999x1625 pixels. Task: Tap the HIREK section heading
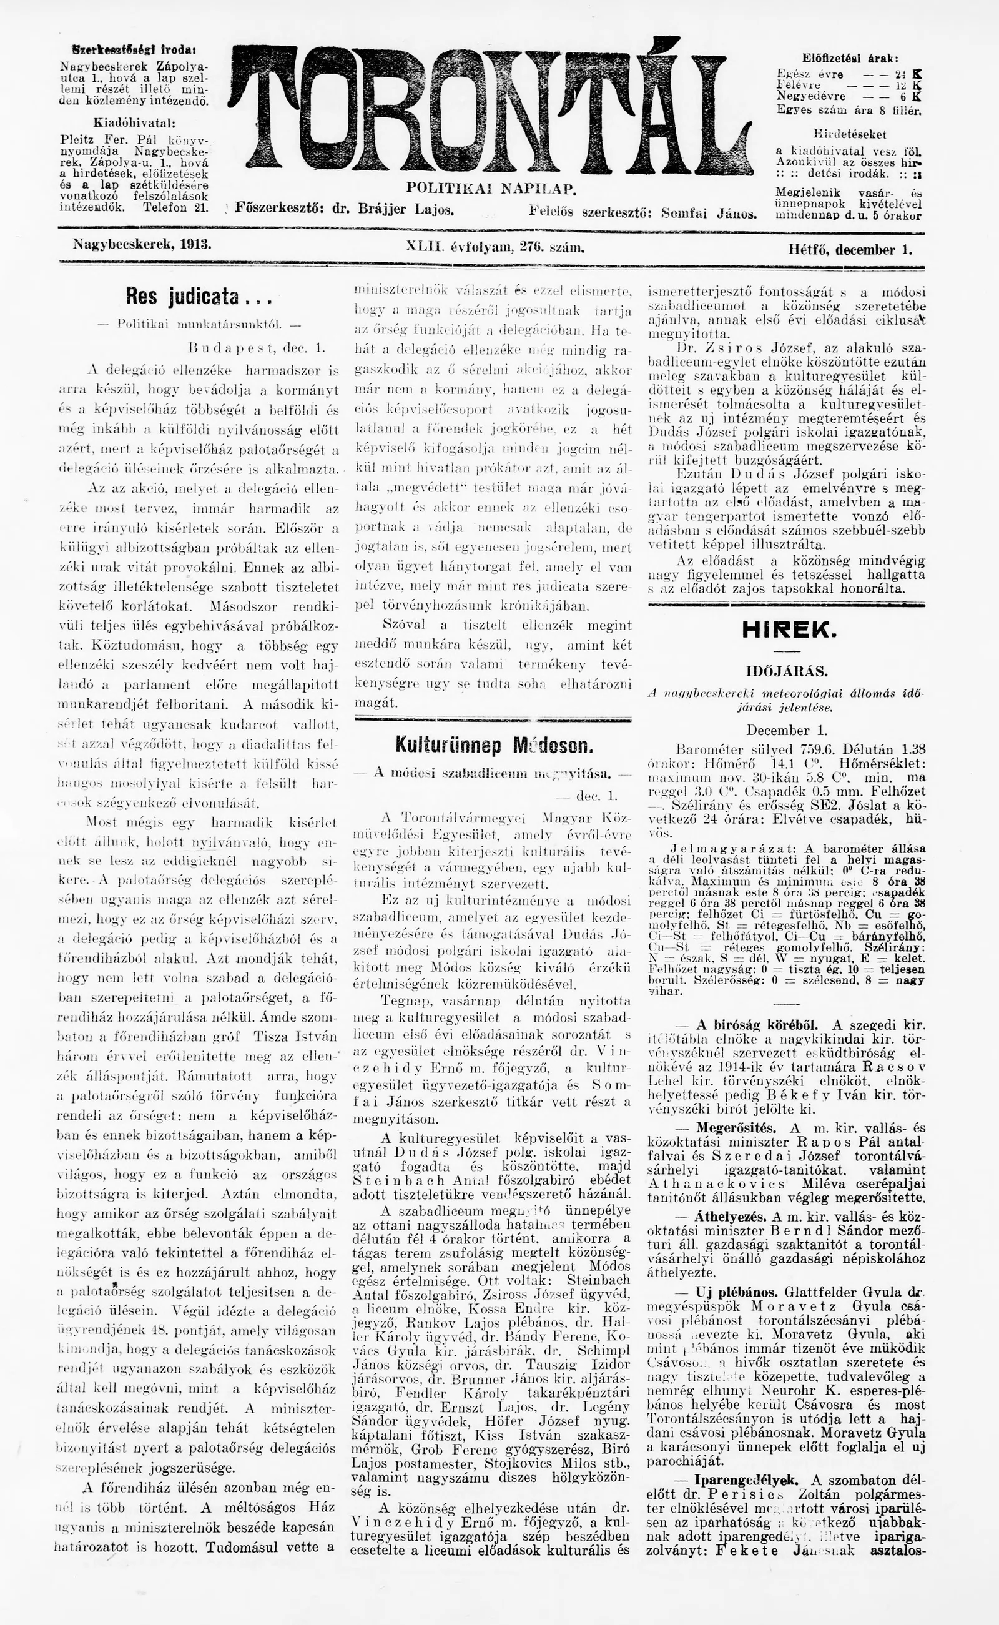[789, 630]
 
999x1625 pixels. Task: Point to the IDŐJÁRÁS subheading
[786, 671]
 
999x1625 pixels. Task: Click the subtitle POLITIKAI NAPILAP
[491, 189]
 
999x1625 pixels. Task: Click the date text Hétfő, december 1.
[850, 250]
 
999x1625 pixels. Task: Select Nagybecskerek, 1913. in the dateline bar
[142, 244]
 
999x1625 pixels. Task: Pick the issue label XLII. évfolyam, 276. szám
[495, 248]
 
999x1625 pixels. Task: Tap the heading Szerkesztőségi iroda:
[134, 49]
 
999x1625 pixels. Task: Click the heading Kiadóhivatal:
[134, 123]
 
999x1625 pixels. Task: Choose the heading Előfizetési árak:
[850, 58]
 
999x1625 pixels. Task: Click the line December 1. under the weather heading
[786, 730]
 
